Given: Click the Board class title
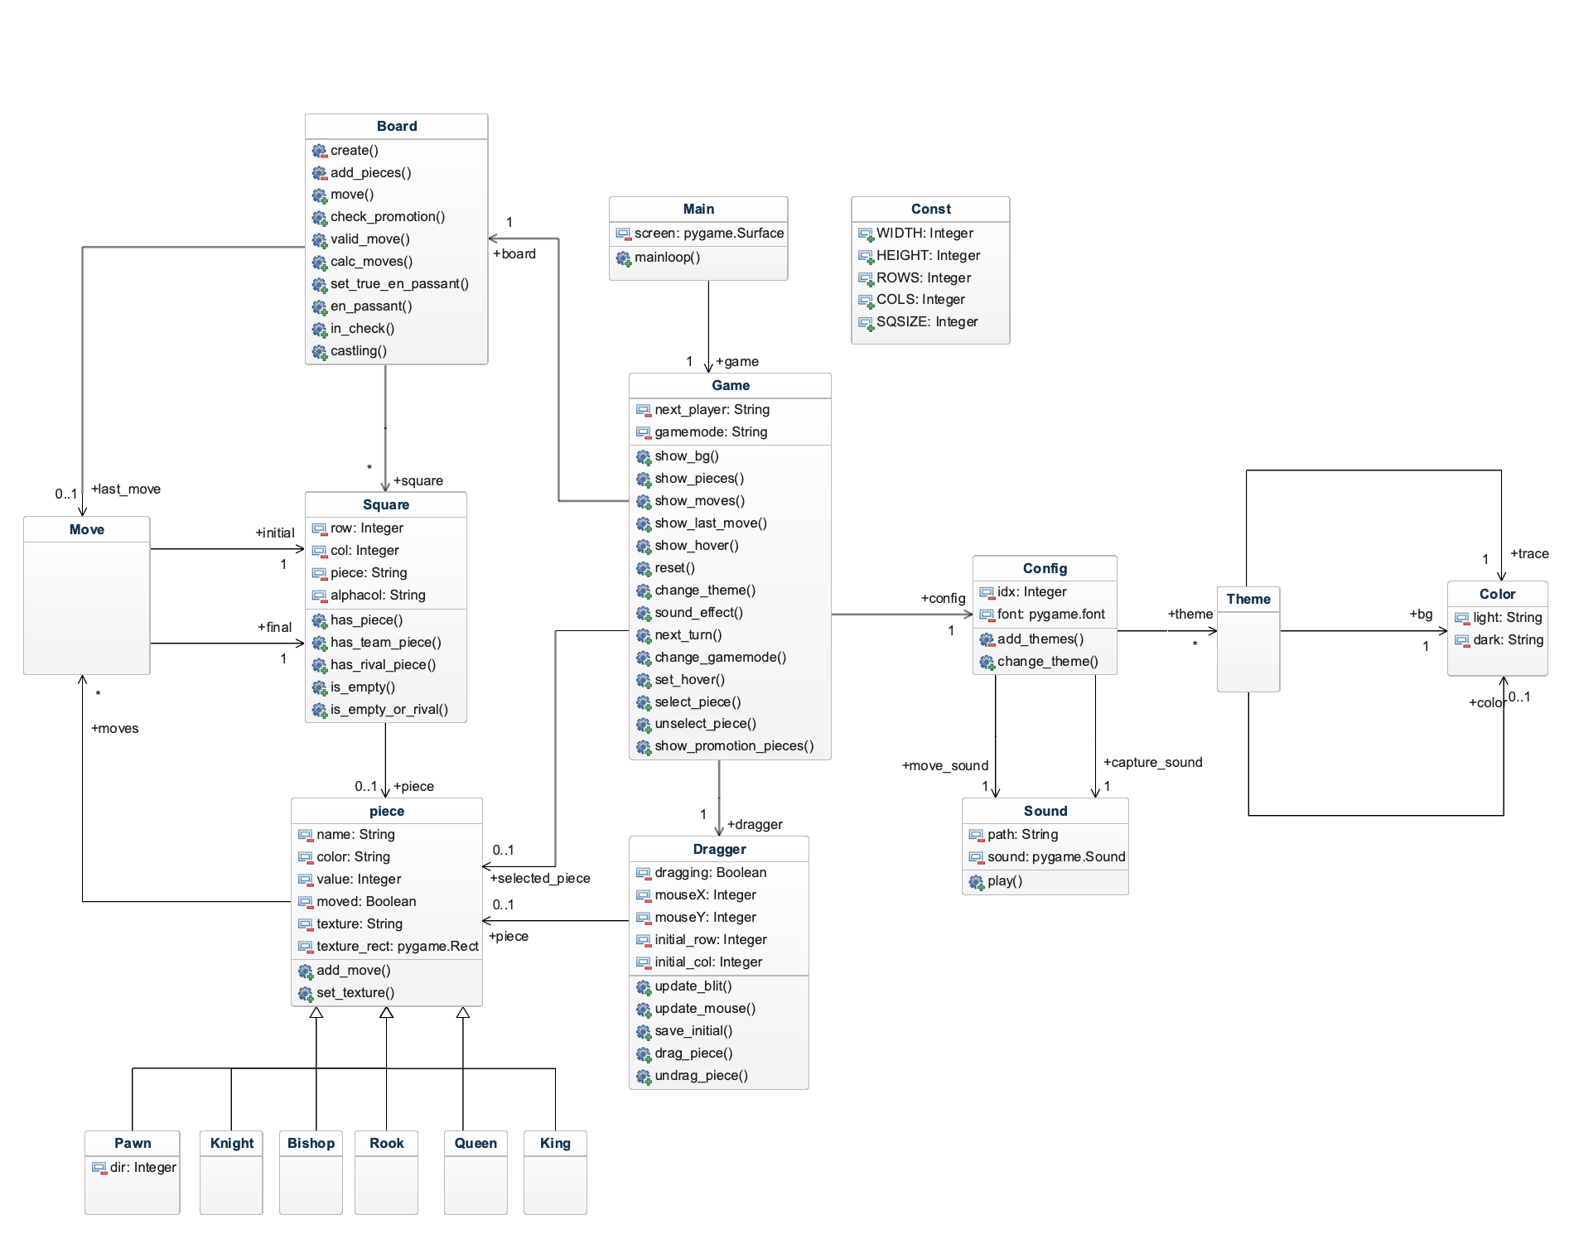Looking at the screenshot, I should tap(397, 126).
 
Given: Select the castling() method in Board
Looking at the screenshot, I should tap(358, 351).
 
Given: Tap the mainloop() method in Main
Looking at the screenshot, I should tap(667, 258).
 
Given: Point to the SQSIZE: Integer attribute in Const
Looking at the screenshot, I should tap(927, 322).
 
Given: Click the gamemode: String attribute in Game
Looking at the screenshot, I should tap(711, 432).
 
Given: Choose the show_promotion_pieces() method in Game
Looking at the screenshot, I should tap(734, 746).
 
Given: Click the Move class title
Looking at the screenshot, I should tap(87, 530).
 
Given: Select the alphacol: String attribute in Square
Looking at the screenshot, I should tap(378, 595).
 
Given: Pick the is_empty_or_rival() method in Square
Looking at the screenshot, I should tap(389, 710).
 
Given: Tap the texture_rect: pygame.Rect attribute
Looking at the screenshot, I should tap(398, 947).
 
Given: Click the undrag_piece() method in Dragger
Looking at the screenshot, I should tap(701, 1076).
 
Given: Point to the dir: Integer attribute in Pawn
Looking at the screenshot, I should tap(143, 1168).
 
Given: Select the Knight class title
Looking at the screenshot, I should tap(232, 1144).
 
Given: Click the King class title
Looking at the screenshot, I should tap(555, 1144).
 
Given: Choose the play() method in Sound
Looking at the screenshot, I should tap(1005, 881).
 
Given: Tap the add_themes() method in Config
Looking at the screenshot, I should tap(1040, 639).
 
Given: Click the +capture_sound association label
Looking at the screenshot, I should tap(1152, 763).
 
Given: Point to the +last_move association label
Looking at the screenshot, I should tap(126, 489).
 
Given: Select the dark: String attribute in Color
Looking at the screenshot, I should tap(1508, 640).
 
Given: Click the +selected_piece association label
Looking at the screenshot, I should tap(540, 879).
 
